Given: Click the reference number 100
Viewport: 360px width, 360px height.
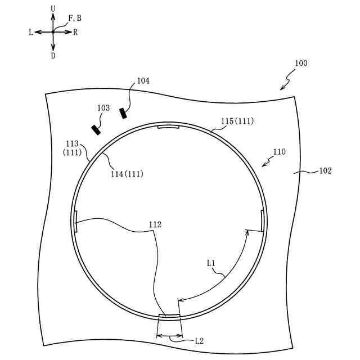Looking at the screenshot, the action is click(300, 64).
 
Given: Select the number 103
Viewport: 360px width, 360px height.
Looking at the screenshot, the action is click(103, 107).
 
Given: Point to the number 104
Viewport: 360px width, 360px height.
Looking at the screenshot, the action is click(143, 81).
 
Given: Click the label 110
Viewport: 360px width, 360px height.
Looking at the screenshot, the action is click(279, 151).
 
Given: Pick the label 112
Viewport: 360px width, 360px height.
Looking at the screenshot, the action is click(155, 224).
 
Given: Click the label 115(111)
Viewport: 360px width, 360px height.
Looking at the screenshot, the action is click(236, 121).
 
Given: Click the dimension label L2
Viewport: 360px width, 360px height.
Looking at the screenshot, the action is click(199, 340).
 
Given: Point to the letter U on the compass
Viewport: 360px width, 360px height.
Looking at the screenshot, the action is click(53, 9).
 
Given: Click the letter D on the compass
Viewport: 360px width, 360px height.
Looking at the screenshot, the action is click(53, 56).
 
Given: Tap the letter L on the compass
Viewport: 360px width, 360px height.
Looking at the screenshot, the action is click(31, 32).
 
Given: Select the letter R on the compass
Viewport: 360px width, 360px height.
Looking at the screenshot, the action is click(75, 32).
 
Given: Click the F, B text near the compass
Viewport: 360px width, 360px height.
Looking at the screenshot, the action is click(75, 19).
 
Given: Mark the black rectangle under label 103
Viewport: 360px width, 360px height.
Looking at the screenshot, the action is click(97, 130).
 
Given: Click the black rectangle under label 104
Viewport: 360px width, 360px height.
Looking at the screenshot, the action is click(123, 113).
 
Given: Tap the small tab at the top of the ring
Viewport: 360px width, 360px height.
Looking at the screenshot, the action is click(169, 127).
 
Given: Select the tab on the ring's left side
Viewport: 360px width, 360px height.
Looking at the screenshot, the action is click(75, 221).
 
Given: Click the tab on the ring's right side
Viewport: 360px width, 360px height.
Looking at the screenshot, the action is click(263, 220).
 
